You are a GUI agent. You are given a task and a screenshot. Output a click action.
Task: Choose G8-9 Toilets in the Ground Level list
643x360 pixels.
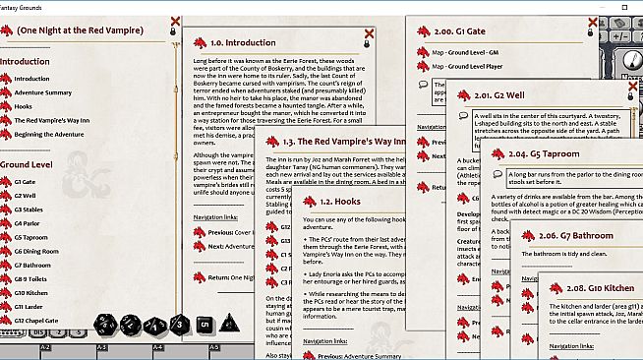34,278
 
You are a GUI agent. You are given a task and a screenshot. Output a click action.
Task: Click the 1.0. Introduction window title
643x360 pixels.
243,42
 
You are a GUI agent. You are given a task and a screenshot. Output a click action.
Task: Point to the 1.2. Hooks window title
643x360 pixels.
316,202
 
